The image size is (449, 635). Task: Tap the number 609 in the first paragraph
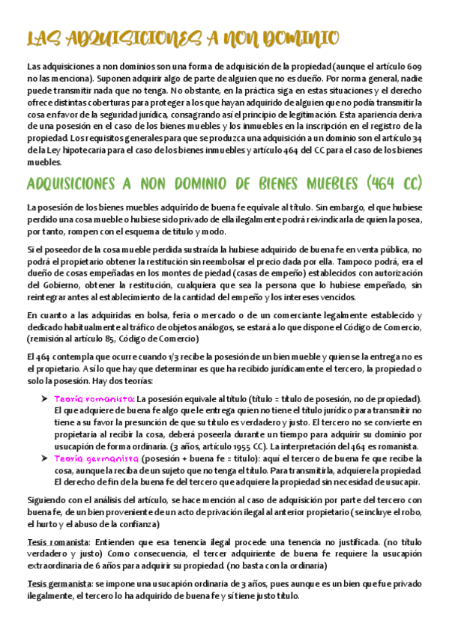tap(415, 67)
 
